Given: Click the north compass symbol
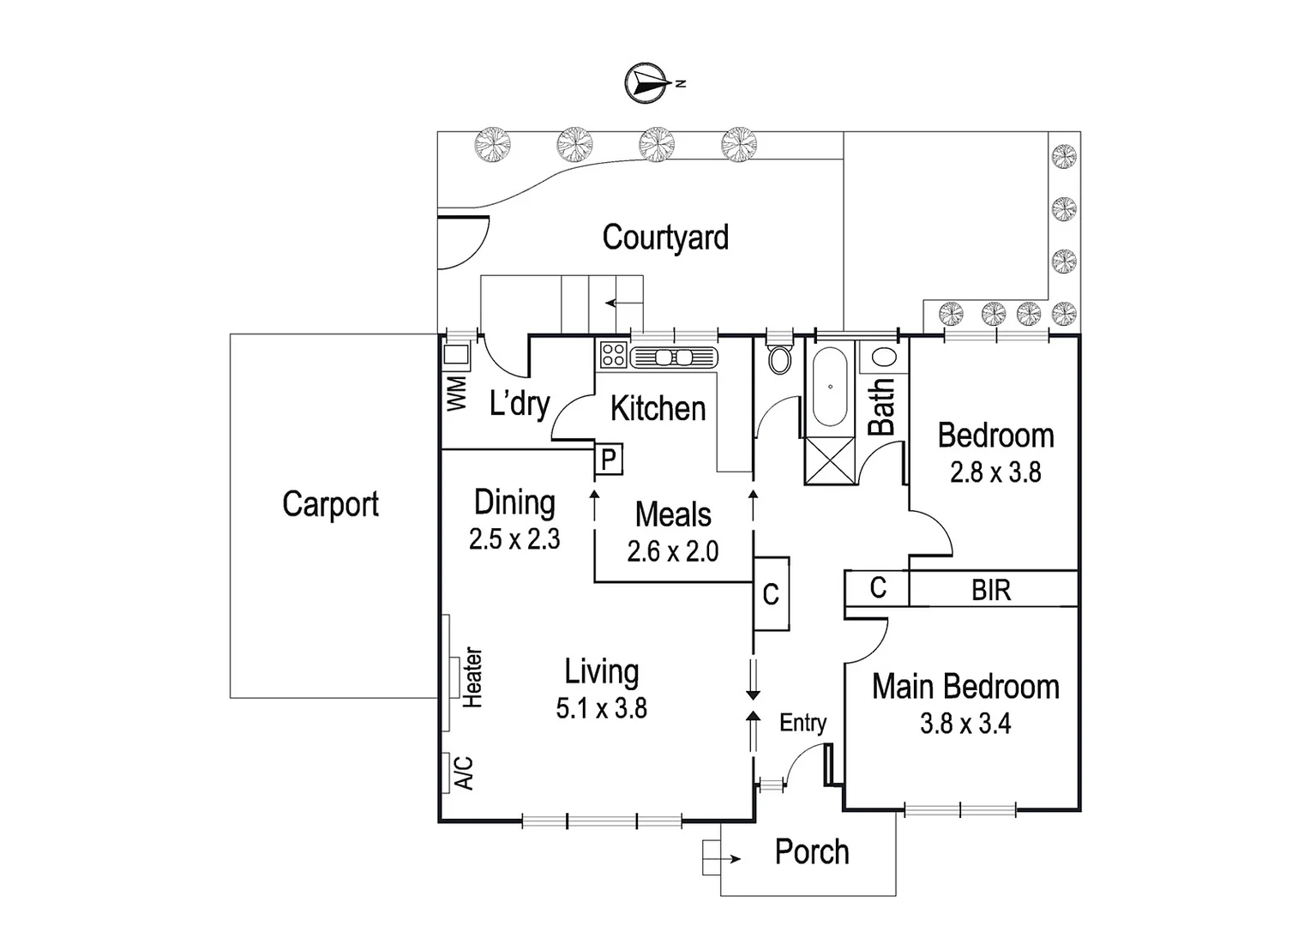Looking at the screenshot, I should pos(648,83).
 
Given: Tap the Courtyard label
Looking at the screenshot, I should pos(665,238).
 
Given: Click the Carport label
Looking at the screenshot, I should pos(330,504).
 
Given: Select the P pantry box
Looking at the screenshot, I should pos(608,460).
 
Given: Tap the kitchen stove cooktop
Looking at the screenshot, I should pos(612,354).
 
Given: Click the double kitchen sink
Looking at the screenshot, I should pos(673,358).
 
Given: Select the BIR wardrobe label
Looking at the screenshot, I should pos(991,590).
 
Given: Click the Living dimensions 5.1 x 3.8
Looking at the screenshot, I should pos(601,709).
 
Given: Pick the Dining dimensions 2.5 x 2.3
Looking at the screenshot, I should pos(514,539).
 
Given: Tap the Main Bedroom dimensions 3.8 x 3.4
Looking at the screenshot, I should pos(965,725).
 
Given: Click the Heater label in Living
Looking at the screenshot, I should pos(472,677).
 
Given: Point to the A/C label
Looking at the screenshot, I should pos(463,773).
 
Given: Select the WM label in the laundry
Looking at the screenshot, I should pos(457,393).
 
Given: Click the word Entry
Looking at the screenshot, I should pos(802,724).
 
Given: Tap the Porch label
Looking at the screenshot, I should pos(812,852).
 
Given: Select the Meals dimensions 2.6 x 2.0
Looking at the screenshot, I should pos(673,551).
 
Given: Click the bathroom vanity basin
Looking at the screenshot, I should pos(884,357).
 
